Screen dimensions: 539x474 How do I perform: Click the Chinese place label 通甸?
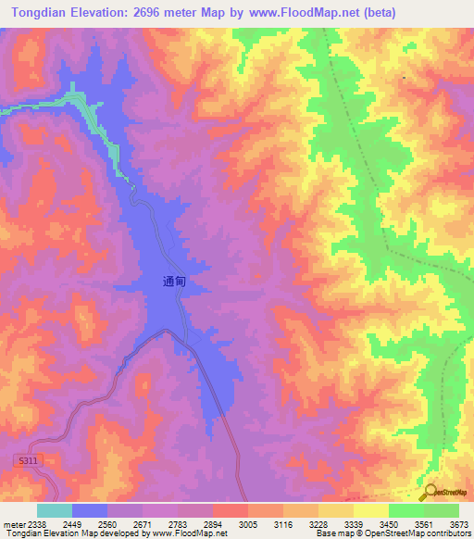(175, 284)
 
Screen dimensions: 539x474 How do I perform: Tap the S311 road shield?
(28, 460)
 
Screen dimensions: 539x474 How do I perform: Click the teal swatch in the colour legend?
(55, 510)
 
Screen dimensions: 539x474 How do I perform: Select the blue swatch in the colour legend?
(90, 510)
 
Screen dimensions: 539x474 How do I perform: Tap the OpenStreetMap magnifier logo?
(428, 493)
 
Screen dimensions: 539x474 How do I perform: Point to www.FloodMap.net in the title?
(302, 13)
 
